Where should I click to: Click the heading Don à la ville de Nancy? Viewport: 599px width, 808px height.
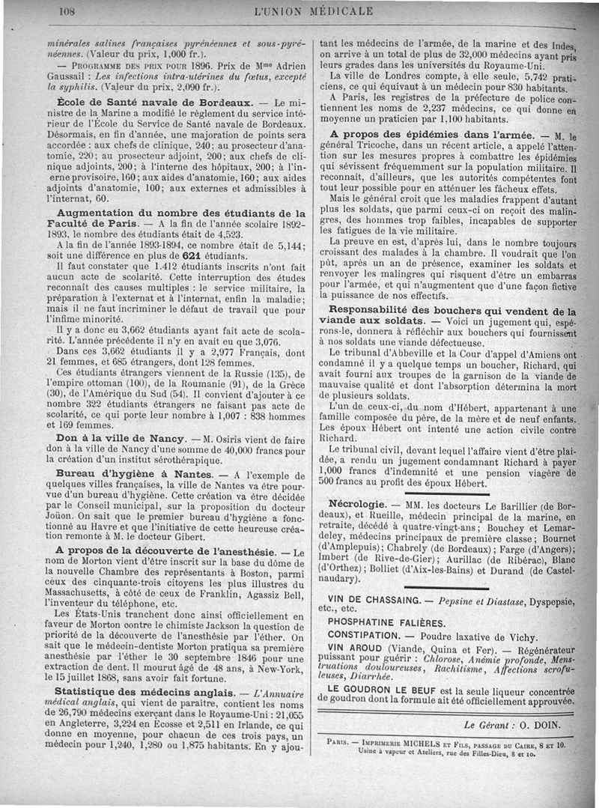pos(121,437)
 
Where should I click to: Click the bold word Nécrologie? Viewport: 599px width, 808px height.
pos(358,504)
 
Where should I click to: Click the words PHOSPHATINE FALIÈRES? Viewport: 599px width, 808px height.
pos(386,622)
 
